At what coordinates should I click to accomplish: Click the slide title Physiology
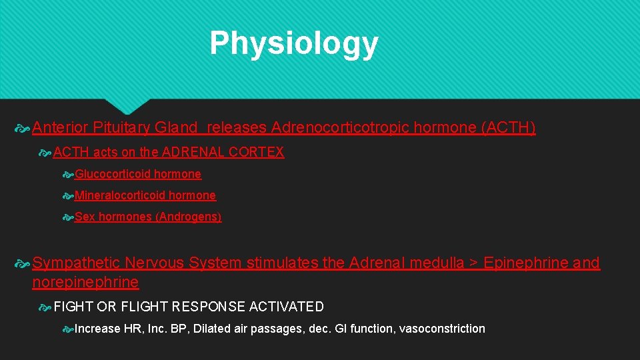coord(293,43)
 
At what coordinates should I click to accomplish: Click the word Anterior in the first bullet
coord(61,127)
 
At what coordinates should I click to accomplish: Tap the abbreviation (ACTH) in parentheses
coord(508,127)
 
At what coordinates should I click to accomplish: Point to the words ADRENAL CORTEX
coord(223,152)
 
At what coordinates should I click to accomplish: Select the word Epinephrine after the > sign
coord(525,263)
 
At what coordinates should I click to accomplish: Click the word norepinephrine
coord(85,282)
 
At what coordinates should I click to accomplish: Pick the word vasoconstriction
coord(442,328)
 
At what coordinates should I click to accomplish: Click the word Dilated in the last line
coord(213,328)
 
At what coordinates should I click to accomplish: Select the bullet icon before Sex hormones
coord(67,217)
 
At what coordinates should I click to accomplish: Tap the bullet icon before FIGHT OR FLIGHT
coord(45,307)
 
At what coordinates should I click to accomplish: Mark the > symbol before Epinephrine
coord(473,263)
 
